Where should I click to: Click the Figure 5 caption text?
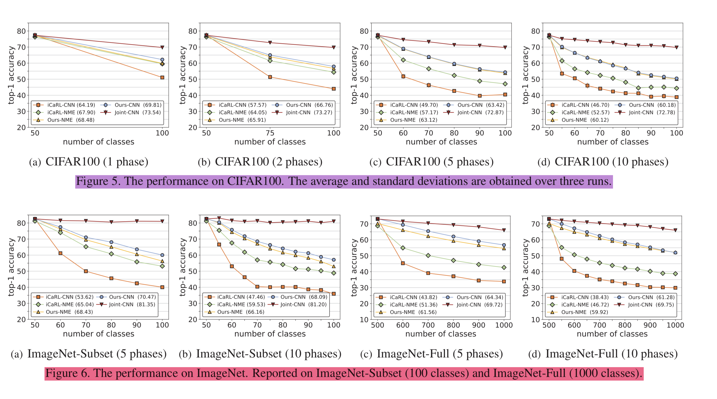[344, 181]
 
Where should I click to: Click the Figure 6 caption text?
[344, 373]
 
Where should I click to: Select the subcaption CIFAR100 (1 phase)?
[88, 162]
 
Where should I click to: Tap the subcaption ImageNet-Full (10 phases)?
[603, 354]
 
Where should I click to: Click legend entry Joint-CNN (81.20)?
[303, 305]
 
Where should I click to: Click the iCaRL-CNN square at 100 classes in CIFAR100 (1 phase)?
[162, 78]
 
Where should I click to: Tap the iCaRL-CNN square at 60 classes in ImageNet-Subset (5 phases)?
[60, 253]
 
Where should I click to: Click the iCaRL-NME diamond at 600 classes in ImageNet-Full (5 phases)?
[403, 248]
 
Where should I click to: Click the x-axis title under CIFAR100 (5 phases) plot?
[441, 142]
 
